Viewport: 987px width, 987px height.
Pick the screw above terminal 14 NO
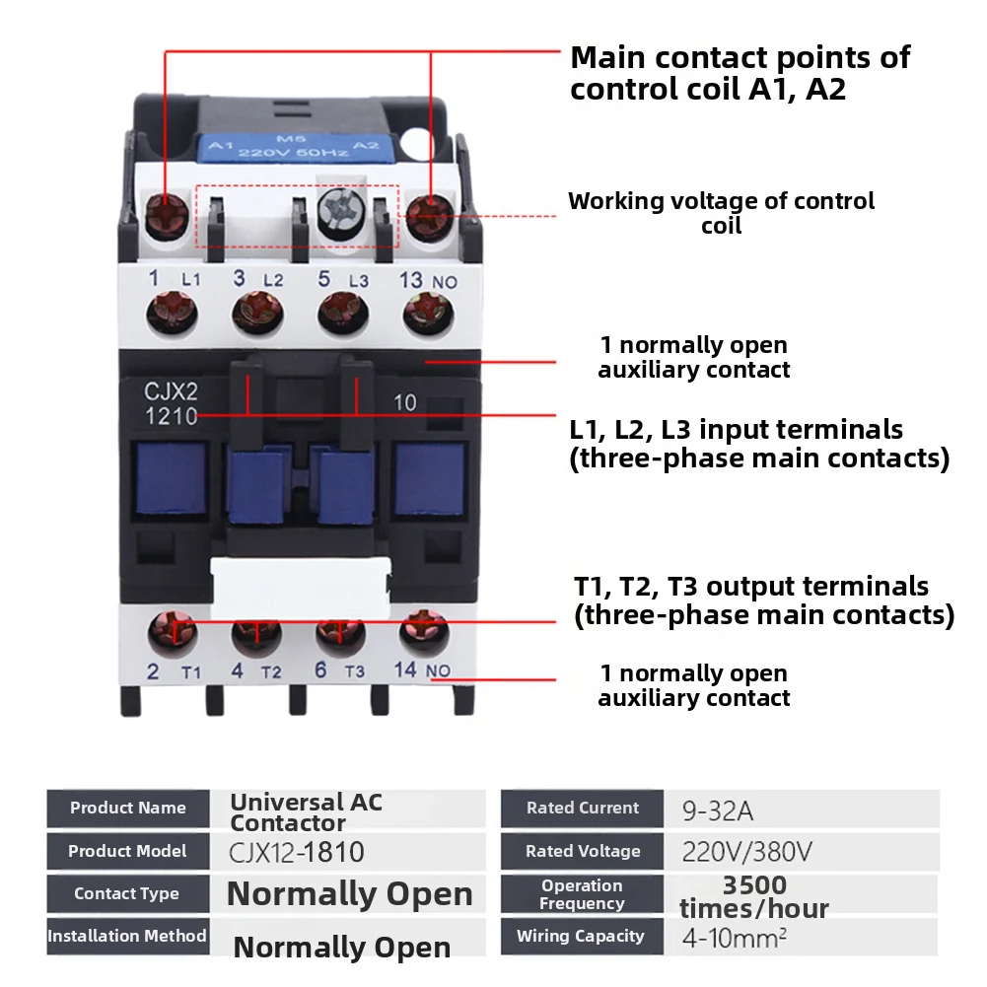424,632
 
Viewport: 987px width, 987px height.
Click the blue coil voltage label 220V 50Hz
296,152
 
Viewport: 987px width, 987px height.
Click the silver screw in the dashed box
340,211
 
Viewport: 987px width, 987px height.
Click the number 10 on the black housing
404,402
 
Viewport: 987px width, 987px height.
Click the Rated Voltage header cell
583,851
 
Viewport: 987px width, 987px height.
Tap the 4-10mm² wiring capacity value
735,937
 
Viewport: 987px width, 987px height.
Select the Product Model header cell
127,851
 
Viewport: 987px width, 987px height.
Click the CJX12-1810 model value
297,851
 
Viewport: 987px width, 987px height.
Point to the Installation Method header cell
127,936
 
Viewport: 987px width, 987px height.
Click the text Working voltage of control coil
721,213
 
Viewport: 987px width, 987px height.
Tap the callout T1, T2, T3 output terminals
763,600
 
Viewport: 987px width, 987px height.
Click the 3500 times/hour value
754,895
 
